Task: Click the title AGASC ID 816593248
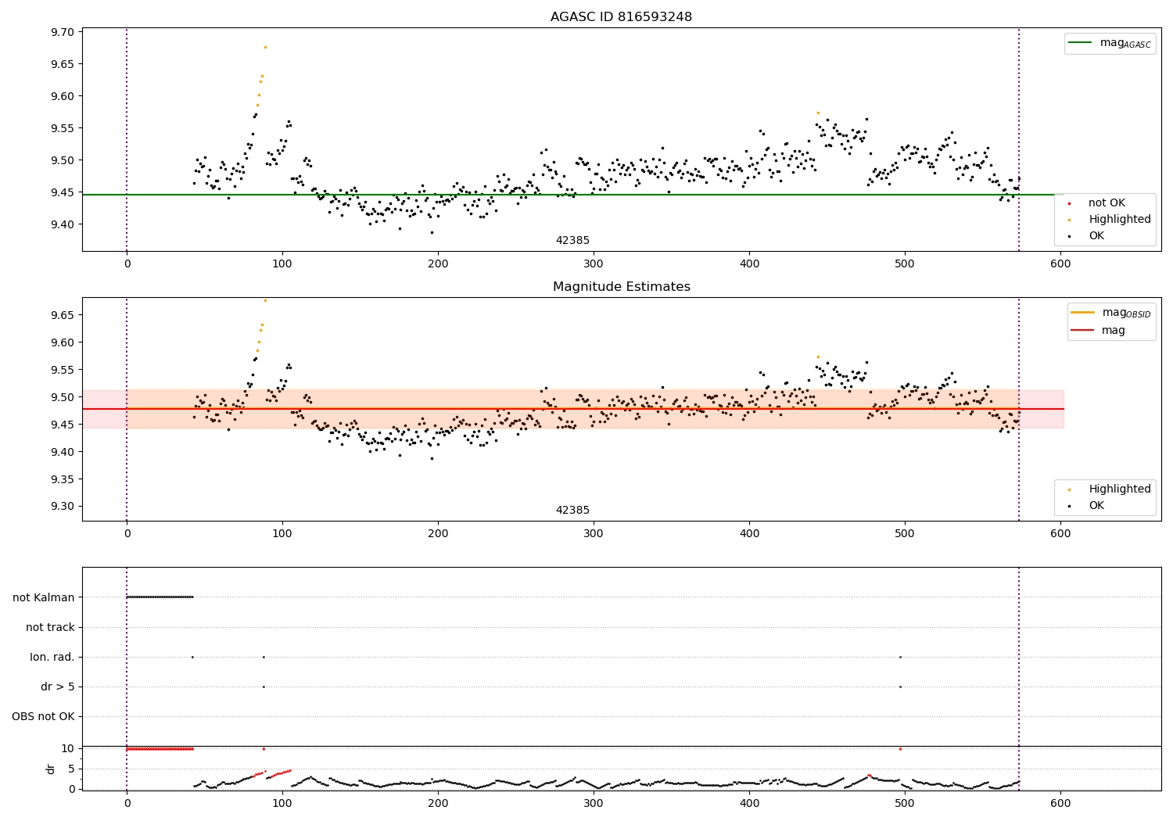(x=621, y=17)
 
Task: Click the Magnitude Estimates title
(x=621, y=287)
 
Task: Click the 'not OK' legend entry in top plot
(x=1106, y=203)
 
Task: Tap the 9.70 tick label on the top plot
(x=62, y=32)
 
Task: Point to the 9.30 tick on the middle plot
(x=62, y=506)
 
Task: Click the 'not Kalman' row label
(x=44, y=597)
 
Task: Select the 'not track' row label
(x=50, y=627)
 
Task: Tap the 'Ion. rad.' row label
(x=52, y=657)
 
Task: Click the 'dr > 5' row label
(x=57, y=687)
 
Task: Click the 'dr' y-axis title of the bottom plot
(x=51, y=769)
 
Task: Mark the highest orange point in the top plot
(x=265, y=47)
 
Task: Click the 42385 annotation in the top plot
(x=572, y=241)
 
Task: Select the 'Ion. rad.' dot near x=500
(x=900, y=657)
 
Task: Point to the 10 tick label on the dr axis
(x=67, y=748)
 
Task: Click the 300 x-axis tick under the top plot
(x=594, y=264)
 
